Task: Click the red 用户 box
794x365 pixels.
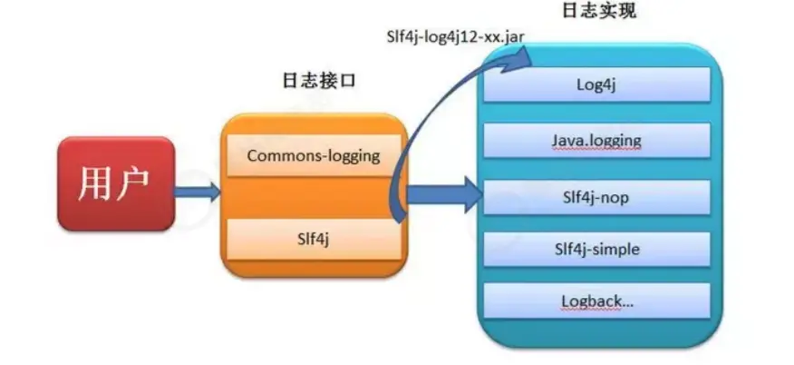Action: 115,184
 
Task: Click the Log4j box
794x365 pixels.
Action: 596,85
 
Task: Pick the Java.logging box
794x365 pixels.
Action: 596,141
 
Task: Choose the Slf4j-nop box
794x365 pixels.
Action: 596,194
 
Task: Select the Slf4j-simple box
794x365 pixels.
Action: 596,248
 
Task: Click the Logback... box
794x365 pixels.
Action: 596,301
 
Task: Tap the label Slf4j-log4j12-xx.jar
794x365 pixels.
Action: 452,35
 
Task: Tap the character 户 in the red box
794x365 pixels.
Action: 133,184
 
